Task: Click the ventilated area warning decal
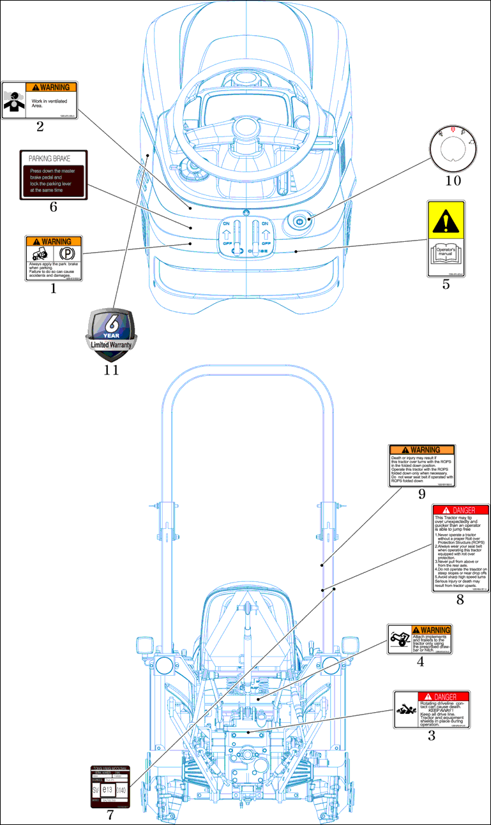[x=40, y=100]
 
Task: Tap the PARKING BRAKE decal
[x=53, y=175]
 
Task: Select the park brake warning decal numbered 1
[x=54, y=258]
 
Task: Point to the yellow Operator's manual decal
[x=446, y=239]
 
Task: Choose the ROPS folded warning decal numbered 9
[x=422, y=466]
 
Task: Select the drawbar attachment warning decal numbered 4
[x=419, y=639]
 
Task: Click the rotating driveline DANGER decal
[x=432, y=710]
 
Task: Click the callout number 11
[x=111, y=369]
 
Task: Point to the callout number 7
[x=110, y=815]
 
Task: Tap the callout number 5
[x=446, y=285]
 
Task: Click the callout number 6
[x=53, y=207]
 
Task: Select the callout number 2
[x=40, y=126]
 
